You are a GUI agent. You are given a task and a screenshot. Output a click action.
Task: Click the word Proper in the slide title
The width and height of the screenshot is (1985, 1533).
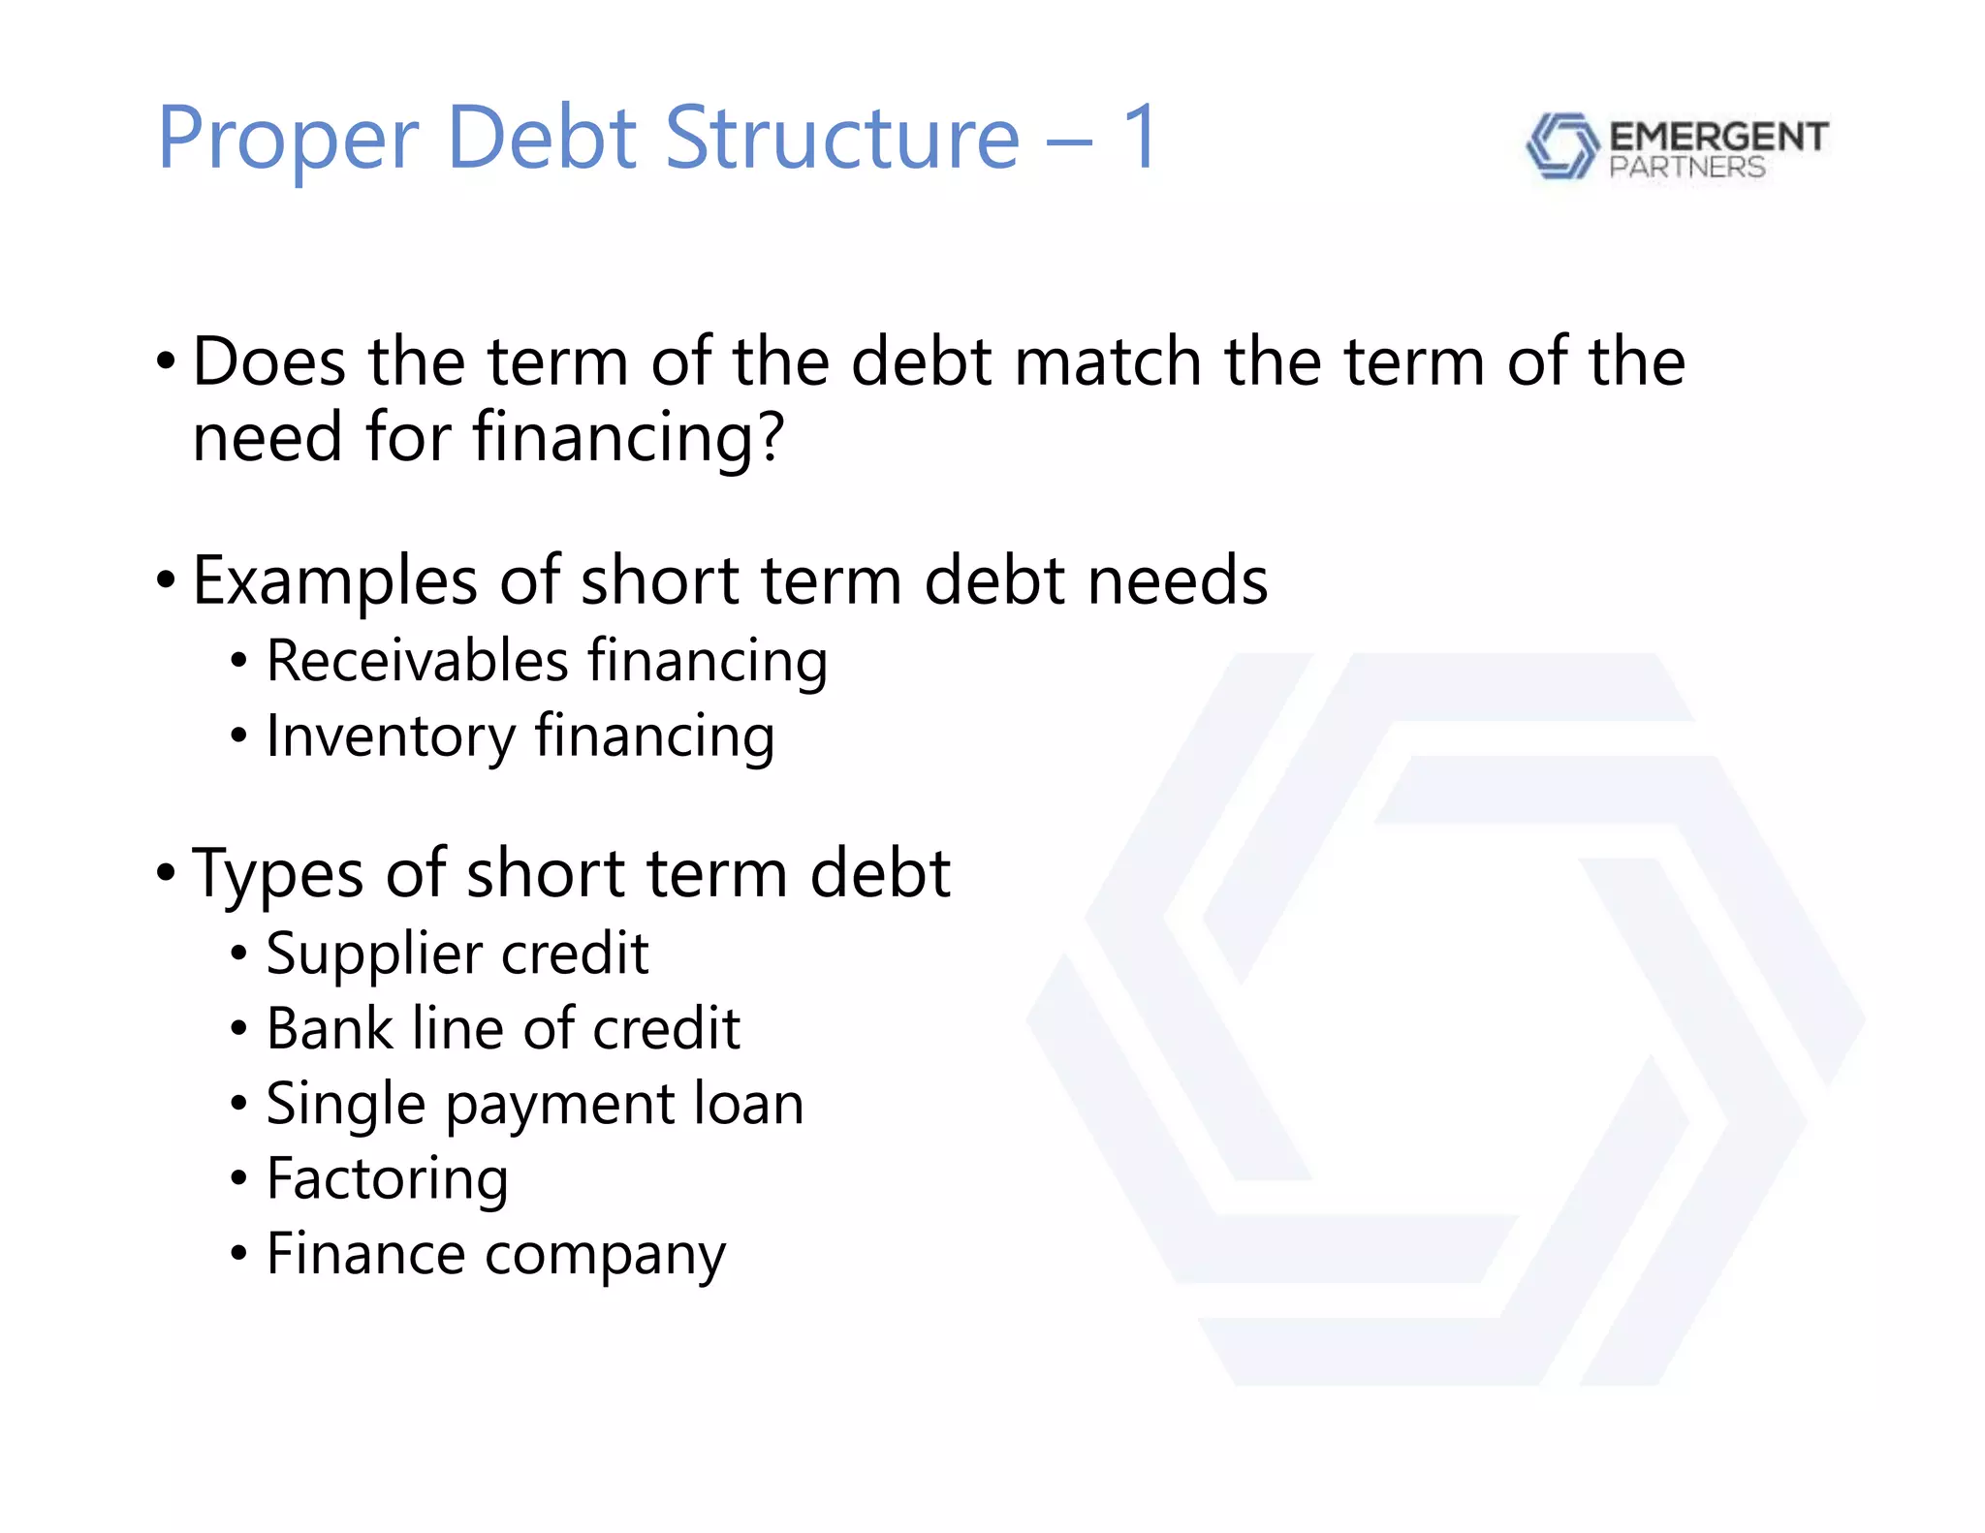click(x=288, y=140)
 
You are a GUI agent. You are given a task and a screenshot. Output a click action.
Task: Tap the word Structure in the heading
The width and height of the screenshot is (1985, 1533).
click(x=841, y=138)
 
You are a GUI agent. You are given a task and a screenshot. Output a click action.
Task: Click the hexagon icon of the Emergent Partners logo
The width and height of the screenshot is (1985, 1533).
click(x=1560, y=146)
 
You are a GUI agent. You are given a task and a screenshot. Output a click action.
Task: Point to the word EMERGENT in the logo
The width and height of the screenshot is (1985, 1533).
click(x=1717, y=137)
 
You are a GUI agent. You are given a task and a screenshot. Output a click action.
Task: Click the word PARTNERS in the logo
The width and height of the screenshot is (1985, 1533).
click(x=1686, y=168)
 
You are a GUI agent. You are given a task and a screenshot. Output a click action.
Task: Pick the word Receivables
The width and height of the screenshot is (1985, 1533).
click(x=417, y=661)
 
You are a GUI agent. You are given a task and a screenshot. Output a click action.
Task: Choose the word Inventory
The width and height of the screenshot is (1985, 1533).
click(x=391, y=736)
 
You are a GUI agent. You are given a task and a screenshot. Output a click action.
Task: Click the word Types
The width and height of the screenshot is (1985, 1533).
click(x=278, y=874)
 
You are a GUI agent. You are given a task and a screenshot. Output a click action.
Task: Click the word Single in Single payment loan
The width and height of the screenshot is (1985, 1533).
click(x=346, y=1104)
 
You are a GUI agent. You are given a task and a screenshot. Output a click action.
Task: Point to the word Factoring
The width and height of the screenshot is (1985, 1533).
click(x=387, y=1179)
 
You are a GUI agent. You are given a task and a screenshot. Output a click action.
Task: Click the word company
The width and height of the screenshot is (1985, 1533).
click(x=605, y=1255)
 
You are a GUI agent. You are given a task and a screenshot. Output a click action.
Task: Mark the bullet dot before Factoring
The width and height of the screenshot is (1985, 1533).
click(x=238, y=1179)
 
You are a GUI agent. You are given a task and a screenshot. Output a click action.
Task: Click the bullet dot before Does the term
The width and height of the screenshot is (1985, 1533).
click(x=166, y=362)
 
